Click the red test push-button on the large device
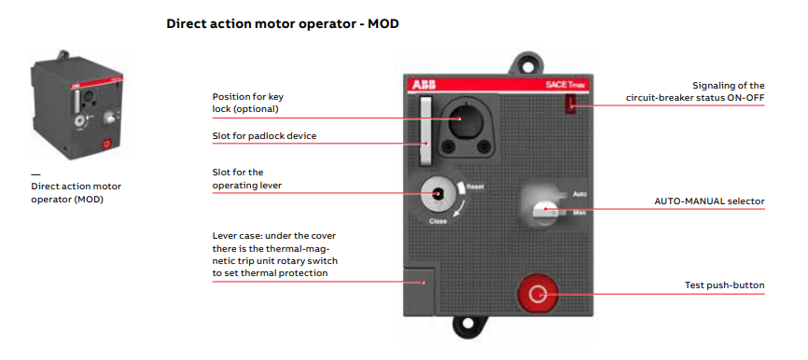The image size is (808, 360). coord(537,294)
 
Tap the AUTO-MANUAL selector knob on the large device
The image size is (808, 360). coord(544,211)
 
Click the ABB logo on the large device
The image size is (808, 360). coord(423,85)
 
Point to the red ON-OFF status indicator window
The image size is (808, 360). coord(571,104)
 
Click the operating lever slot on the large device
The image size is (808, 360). coord(438,194)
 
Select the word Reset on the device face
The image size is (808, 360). coord(475,187)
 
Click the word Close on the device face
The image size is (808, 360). coord(438,221)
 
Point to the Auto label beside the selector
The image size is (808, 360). coord(580,194)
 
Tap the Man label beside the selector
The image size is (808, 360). coord(579,212)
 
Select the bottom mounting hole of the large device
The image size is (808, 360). coord(467,325)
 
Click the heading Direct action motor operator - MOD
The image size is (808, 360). coord(283,23)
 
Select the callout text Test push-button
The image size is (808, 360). coord(725,284)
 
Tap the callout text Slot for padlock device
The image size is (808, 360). coord(264,136)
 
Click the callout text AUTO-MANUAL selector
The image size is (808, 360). coord(710,201)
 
